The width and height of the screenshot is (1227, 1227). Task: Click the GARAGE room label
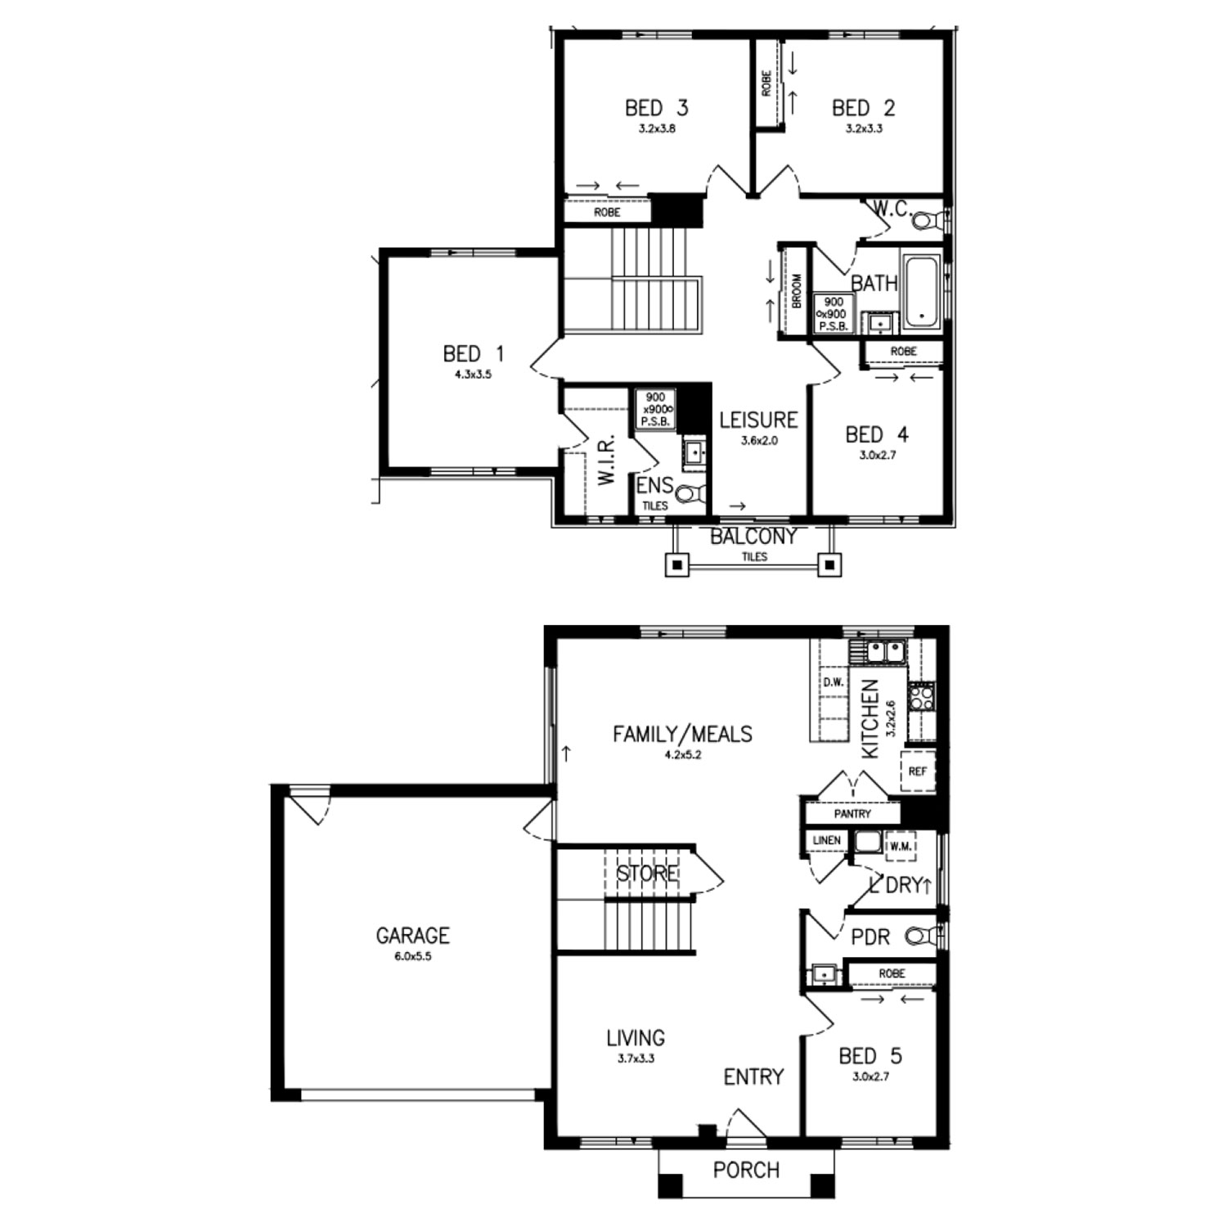[413, 935]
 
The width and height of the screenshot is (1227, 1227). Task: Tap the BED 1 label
[474, 354]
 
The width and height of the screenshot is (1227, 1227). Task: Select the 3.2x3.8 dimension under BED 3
[657, 128]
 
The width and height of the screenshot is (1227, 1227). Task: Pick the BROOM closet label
[797, 291]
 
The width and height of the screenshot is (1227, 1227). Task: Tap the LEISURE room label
[758, 420]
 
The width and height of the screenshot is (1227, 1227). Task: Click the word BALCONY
[753, 537]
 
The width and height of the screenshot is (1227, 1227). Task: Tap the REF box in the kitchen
[918, 771]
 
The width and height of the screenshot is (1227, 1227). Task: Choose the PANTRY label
[852, 814]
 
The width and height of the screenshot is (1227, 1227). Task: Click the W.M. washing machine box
[901, 847]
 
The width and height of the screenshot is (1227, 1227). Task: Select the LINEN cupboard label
[827, 840]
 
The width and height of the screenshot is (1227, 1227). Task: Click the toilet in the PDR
[923, 935]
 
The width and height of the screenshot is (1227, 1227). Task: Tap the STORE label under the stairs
[646, 874]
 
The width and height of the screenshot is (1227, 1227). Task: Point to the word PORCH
[746, 1171]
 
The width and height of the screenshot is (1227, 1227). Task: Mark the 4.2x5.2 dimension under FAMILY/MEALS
[683, 755]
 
